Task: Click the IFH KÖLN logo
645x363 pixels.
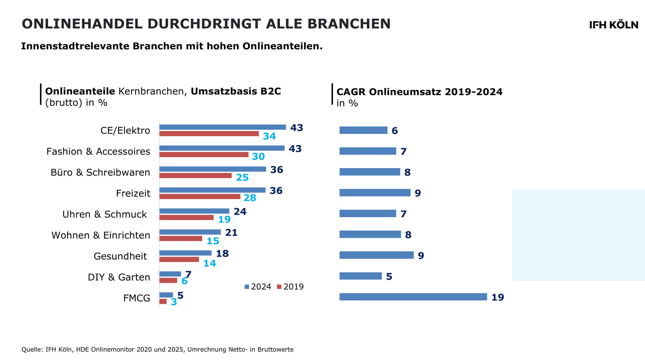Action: [x=613, y=25]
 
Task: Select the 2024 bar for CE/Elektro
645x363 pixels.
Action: [x=223, y=127]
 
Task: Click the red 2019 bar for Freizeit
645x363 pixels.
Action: [x=200, y=197]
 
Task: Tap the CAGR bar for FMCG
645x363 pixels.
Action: [x=413, y=297]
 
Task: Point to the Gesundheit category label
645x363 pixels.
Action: [x=120, y=256]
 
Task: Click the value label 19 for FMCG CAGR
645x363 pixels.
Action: [x=498, y=297]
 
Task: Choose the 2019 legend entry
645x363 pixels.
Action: [x=290, y=287]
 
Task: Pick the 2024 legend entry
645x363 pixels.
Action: [x=258, y=287]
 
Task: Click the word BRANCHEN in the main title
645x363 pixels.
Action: [x=349, y=24]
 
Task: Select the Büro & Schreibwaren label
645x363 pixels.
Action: [x=100, y=172]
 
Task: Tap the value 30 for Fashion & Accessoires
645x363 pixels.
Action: [x=258, y=156]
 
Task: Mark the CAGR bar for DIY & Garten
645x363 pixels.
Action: [x=361, y=276]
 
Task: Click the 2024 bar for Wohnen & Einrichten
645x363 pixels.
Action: [x=190, y=232]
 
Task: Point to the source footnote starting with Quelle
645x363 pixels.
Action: [x=157, y=349]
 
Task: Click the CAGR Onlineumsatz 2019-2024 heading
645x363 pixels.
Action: [x=419, y=92]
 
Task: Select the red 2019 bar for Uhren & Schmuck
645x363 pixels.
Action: [x=186, y=217]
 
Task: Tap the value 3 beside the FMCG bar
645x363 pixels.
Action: [x=174, y=302]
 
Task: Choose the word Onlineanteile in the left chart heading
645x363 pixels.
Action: [x=80, y=91]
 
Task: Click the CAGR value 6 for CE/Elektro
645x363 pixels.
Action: [x=394, y=131]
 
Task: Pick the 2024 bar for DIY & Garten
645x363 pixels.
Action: [x=170, y=274]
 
